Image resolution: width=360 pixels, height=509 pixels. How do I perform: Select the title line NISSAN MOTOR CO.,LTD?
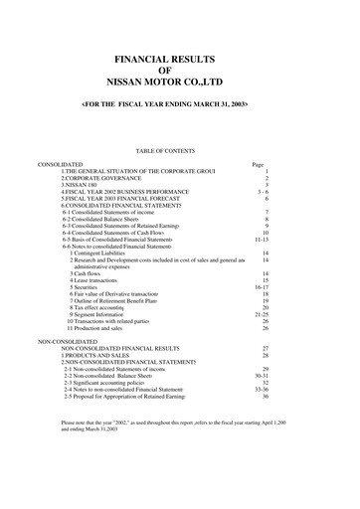pos(180,85)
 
